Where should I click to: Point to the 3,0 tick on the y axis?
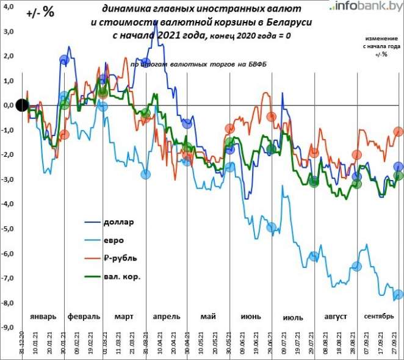click(x=9, y=31)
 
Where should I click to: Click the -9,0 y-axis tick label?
click(x=9, y=328)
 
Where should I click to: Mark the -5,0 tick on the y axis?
click(x=9, y=229)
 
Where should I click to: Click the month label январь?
click(x=43, y=317)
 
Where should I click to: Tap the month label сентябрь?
click(x=379, y=316)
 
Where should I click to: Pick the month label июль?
click(x=293, y=317)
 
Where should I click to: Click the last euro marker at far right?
click(x=398, y=295)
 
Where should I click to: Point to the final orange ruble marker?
click(x=399, y=131)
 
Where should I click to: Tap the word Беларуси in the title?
click(x=287, y=22)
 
